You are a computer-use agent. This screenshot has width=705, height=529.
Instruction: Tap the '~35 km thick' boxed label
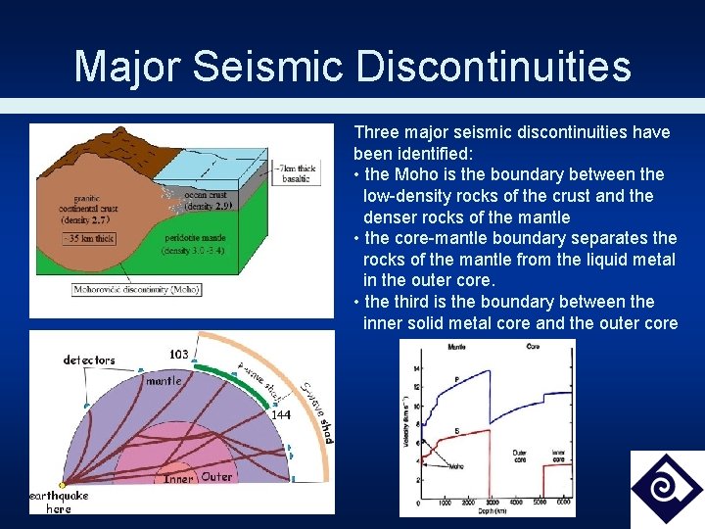89,238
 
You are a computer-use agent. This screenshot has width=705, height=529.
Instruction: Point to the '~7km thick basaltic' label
296,173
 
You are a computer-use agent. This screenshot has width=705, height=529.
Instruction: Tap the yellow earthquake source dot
63,485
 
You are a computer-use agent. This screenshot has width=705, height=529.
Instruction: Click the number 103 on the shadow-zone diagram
178,355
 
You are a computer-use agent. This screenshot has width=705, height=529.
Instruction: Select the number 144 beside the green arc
281,415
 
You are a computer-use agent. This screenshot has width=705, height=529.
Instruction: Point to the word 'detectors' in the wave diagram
89,361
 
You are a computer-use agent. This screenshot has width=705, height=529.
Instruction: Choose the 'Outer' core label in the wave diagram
216,477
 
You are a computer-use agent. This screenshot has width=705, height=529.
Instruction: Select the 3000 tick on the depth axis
493,503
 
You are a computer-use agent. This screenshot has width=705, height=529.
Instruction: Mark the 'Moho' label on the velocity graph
457,468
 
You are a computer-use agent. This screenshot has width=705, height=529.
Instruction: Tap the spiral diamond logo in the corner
666,487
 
